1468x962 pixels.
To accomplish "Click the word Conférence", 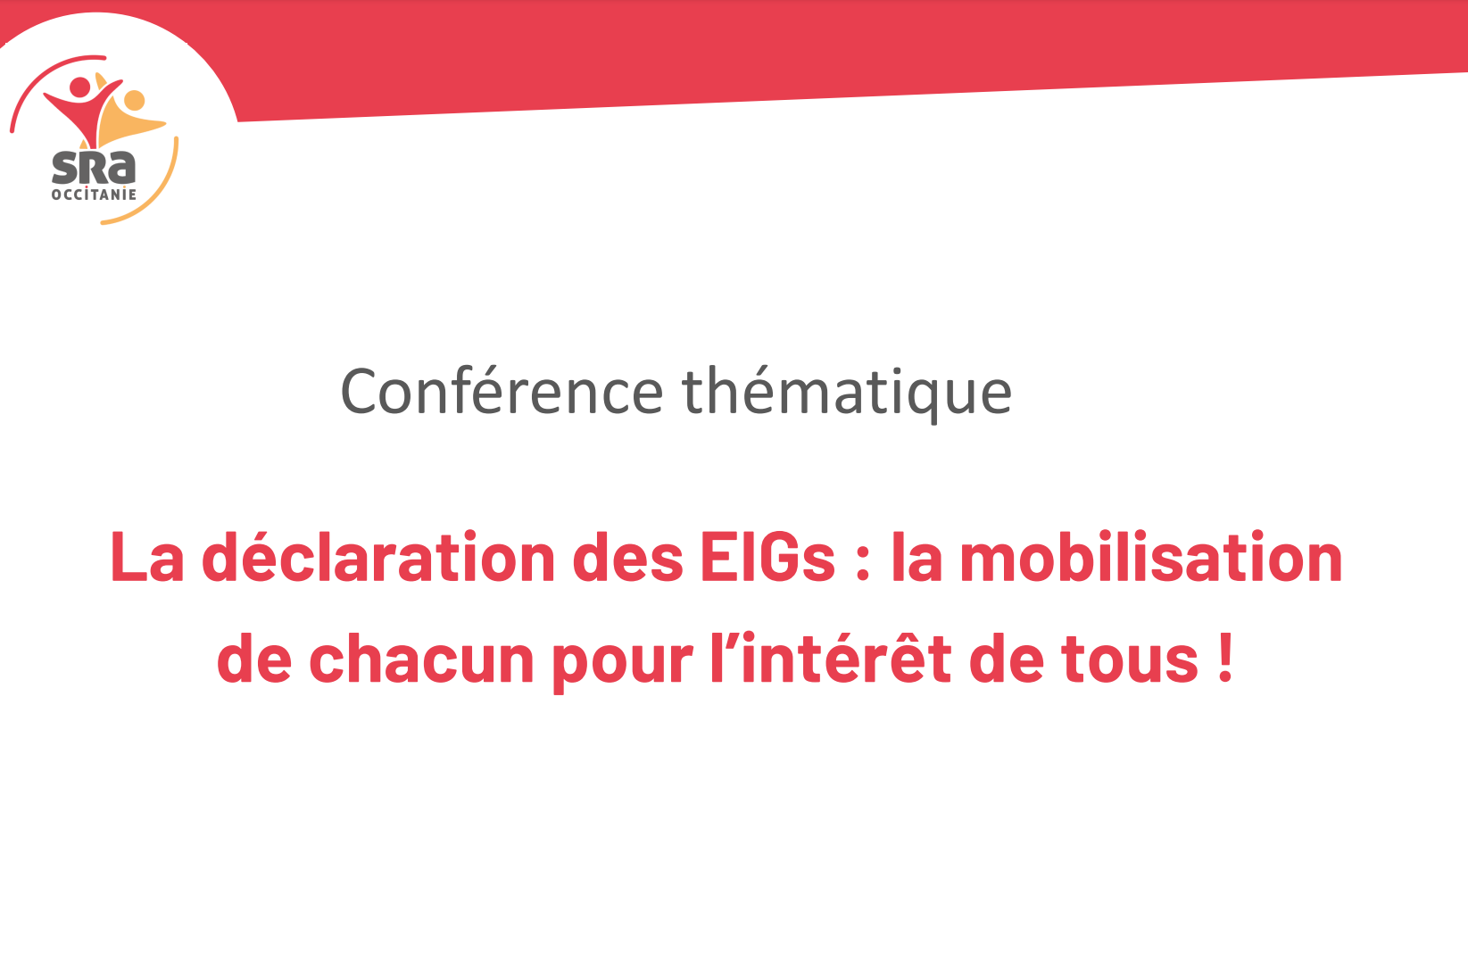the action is pyautogui.click(x=502, y=391).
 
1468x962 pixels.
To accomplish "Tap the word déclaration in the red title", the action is pyautogui.click(x=378, y=557).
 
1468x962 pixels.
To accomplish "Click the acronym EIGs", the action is pyautogui.click(x=767, y=558).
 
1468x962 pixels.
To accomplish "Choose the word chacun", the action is pyautogui.click(x=421, y=659).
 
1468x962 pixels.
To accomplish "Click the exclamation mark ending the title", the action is pyautogui.click(x=1225, y=659).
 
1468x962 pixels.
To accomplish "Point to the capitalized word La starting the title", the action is pyautogui.click(x=146, y=557).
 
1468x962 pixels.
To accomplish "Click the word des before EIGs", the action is pyautogui.click(x=628, y=557).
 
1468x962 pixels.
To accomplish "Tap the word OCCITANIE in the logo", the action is pyautogui.click(x=94, y=195).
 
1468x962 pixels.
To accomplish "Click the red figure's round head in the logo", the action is pyautogui.click(x=80, y=87).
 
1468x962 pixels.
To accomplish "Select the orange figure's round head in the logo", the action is pyautogui.click(x=135, y=100).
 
